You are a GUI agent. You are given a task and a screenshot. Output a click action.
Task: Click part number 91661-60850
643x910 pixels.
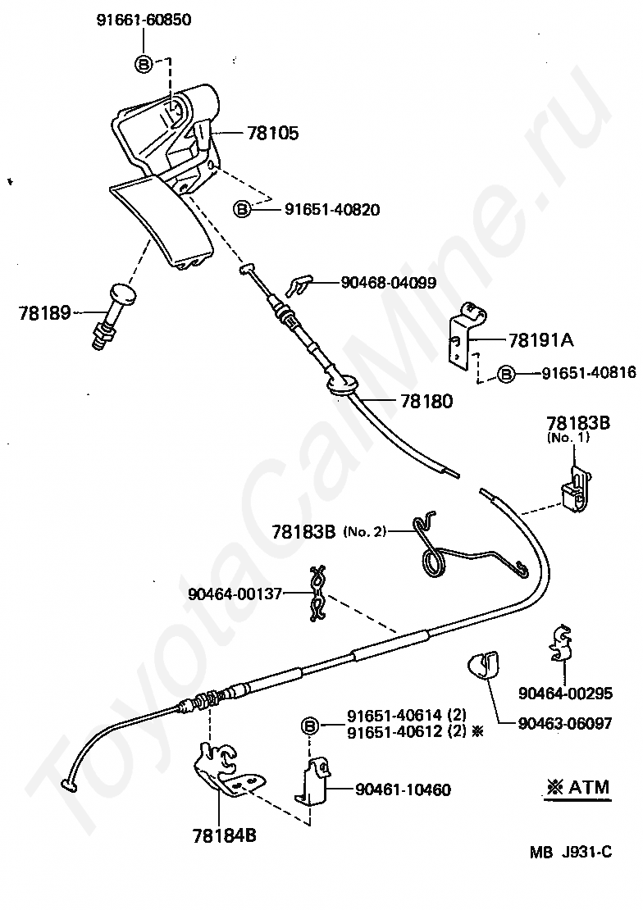[x=143, y=20]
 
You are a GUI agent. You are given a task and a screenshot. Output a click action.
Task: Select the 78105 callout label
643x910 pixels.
[x=273, y=134]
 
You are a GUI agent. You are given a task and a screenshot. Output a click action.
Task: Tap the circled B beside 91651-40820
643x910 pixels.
[x=242, y=208]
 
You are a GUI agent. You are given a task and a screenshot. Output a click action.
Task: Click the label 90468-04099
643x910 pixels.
[x=389, y=283]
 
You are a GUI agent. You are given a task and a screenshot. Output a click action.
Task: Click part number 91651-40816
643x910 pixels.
[x=589, y=372]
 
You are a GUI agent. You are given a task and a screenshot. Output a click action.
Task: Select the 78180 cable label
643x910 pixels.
[x=426, y=401]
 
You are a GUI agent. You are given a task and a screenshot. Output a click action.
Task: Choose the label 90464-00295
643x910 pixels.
[x=565, y=693]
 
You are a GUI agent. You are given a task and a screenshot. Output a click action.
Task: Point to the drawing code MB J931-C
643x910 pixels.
[x=570, y=852]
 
